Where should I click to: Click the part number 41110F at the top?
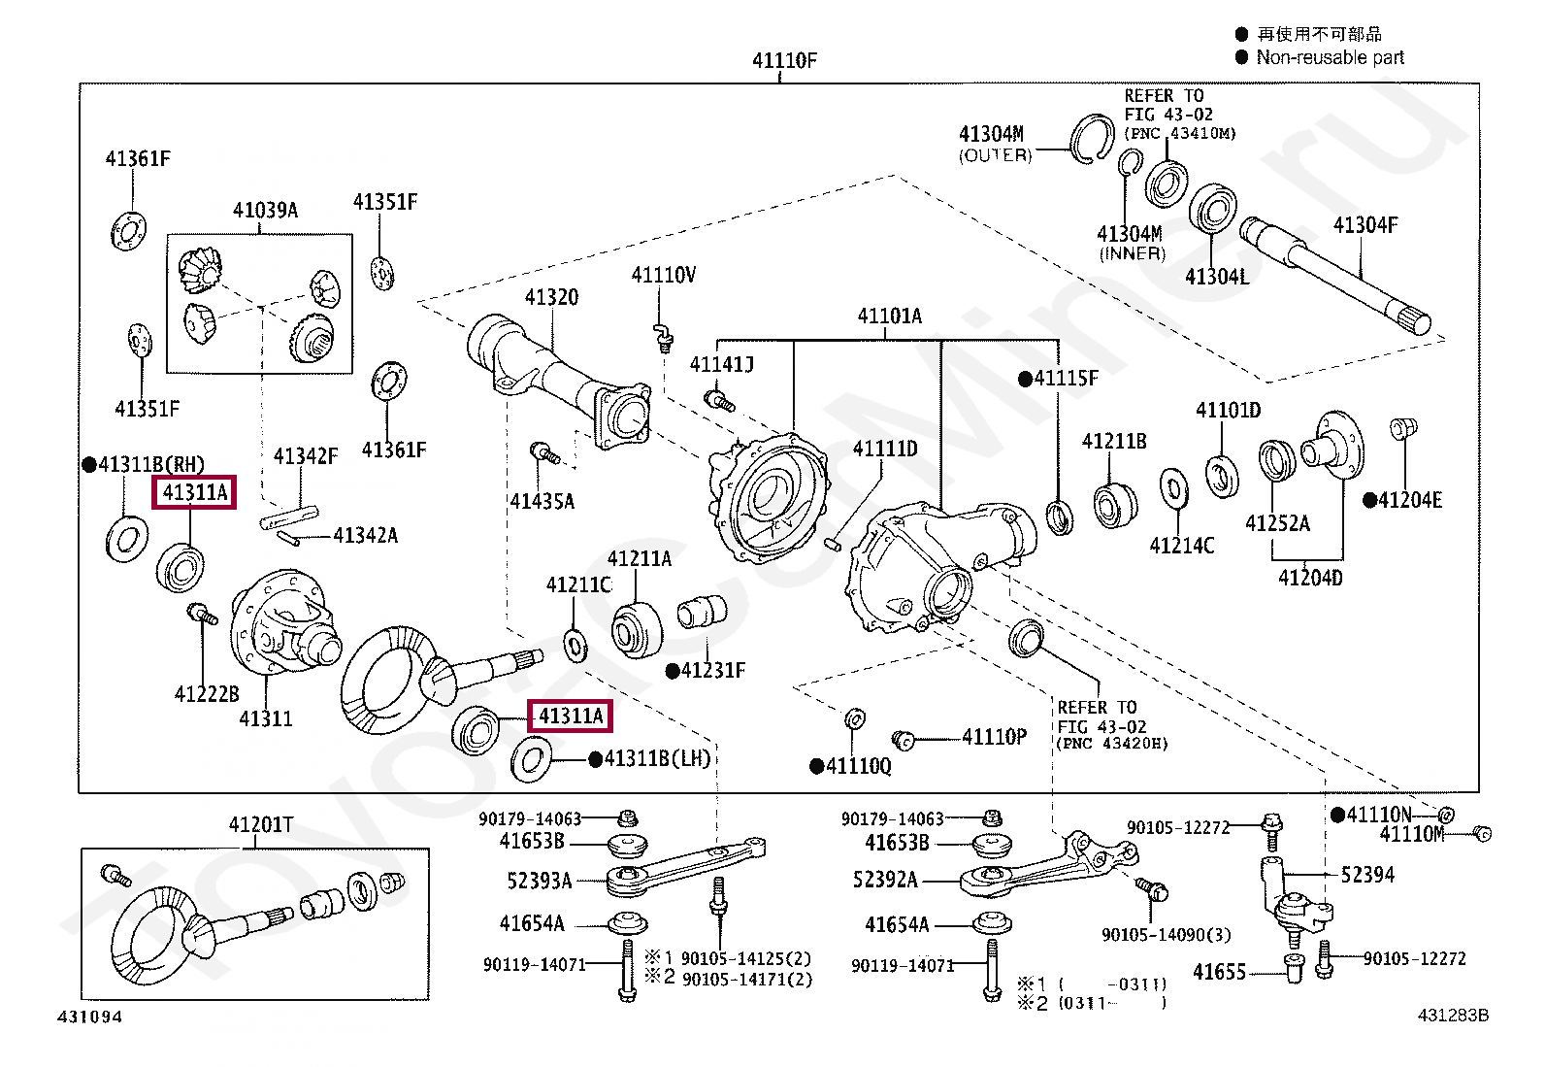(784, 61)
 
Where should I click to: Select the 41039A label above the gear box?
(266, 210)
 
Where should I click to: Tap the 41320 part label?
(552, 297)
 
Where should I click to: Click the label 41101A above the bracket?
(890, 317)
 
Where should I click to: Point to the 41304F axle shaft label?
(1365, 225)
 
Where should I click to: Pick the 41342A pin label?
(366, 536)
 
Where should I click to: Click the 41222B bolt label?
(207, 693)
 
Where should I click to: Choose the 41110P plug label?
(994, 737)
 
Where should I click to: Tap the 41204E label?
(1410, 500)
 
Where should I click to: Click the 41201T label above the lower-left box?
(261, 824)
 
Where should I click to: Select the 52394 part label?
(1367, 875)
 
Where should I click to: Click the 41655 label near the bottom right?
(1220, 973)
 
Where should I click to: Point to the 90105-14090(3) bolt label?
(1167, 935)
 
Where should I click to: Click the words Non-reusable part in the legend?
(1330, 57)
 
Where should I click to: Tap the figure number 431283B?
(1453, 1016)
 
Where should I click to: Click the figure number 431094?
(89, 1017)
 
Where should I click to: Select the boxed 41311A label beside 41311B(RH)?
(194, 492)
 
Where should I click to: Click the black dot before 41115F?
(1025, 379)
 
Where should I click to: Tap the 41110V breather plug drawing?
(663, 337)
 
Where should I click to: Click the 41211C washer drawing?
(575, 646)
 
